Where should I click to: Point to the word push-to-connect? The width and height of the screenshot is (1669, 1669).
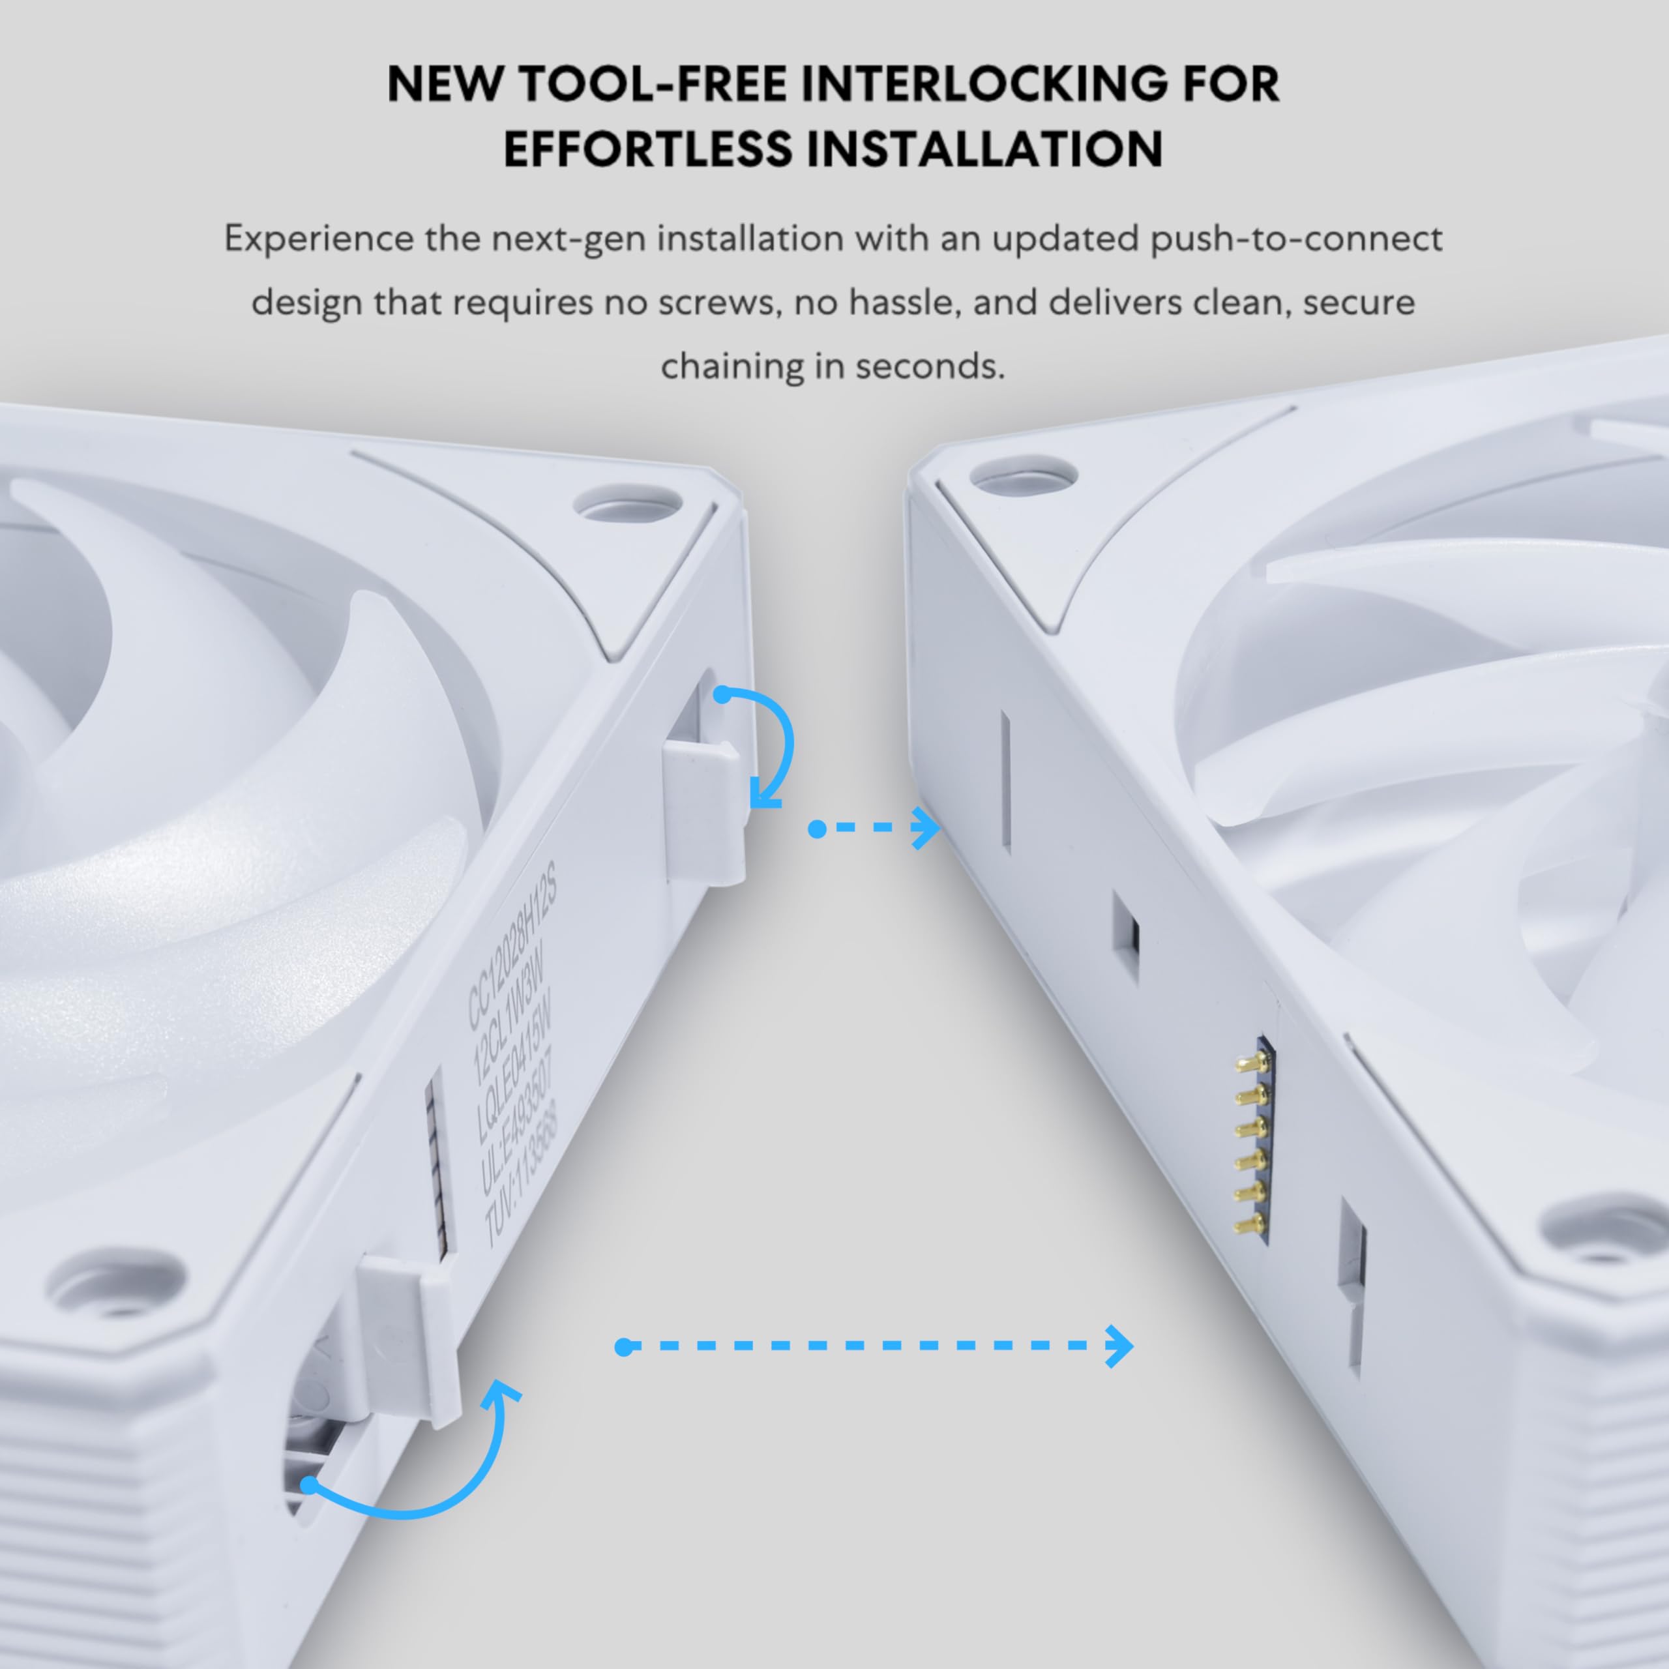1296,239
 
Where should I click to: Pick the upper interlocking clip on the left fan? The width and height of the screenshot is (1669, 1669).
704,812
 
